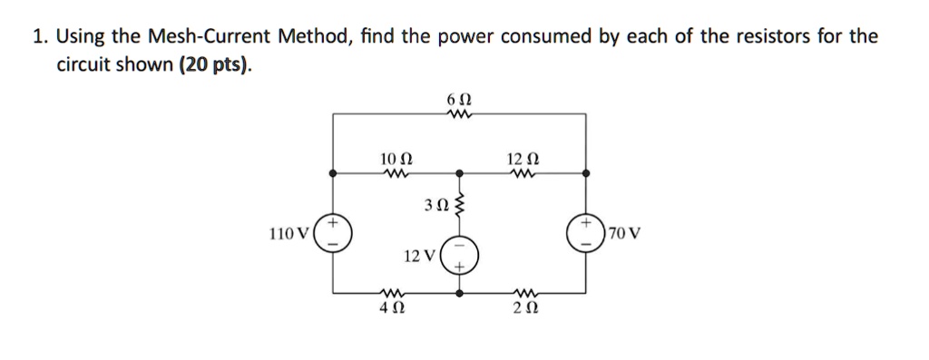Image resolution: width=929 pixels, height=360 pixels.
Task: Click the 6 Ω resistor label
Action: [x=460, y=98]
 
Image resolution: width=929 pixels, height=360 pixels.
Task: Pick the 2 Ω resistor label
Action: [x=523, y=309]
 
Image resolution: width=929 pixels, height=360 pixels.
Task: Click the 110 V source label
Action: [x=289, y=233]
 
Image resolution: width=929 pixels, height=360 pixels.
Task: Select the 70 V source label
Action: [x=625, y=233]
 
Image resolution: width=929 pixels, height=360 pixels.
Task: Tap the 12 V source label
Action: [x=420, y=257]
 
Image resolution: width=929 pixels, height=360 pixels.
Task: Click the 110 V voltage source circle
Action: [x=333, y=233]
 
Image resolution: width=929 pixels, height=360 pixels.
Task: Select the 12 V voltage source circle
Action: [x=460, y=256]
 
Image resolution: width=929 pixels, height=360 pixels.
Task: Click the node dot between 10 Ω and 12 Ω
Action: [x=460, y=171]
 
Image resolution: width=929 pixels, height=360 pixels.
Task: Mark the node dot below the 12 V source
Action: [x=460, y=294]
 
